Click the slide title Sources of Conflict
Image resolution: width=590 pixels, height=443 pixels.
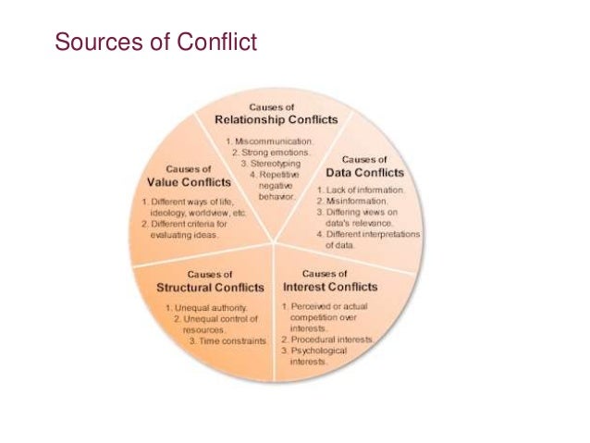[x=155, y=42]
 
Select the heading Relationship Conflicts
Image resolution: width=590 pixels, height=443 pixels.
[x=277, y=119]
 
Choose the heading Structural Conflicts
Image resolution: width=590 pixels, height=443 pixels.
[x=209, y=288]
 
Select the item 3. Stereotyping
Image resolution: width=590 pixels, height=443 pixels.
[x=277, y=163]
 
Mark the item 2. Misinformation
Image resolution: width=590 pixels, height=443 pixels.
[x=353, y=201]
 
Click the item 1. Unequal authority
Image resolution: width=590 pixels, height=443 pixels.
[x=205, y=307]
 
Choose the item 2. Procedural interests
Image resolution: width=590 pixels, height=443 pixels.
[x=327, y=340]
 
